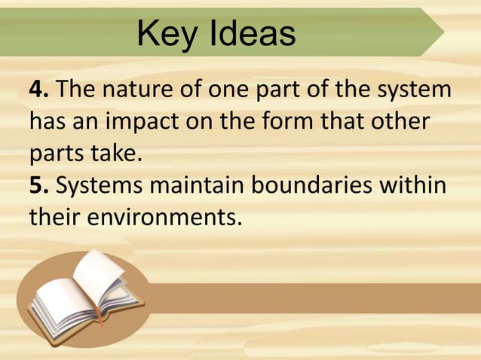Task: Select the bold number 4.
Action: click(38, 92)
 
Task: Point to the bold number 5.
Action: click(38, 187)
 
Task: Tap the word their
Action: click(54, 218)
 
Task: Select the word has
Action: click(47, 124)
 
